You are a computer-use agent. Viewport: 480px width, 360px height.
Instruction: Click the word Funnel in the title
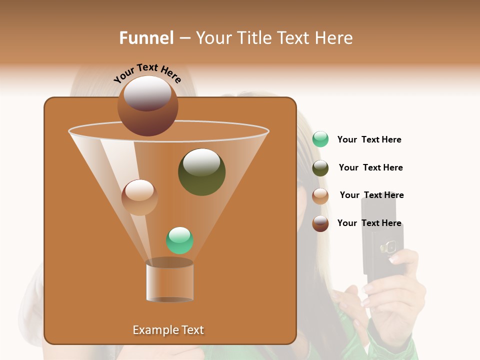click(x=146, y=38)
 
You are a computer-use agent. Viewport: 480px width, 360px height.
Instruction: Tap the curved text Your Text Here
click(x=147, y=73)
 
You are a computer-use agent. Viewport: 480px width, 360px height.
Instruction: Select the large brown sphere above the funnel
click(x=147, y=106)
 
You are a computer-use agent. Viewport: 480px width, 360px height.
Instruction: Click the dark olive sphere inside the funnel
click(x=201, y=172)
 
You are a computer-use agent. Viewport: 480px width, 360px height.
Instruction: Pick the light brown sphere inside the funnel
click(x=139, y=197)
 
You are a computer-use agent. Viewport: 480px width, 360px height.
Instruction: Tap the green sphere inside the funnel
click(x=179, y=240)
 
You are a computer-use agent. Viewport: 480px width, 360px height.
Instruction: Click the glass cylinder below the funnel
click(x=170, y=281)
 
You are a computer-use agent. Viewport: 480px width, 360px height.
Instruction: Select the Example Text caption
click(x=168, y=330)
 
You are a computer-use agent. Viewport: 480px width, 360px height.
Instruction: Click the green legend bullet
click(x=320, y=139)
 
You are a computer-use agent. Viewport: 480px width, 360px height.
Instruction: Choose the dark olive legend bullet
click(x=320, y=168)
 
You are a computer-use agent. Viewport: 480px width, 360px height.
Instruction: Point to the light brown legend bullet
click(x=320, y=196)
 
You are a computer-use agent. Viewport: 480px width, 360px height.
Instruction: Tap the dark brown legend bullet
click(x=320, y=223)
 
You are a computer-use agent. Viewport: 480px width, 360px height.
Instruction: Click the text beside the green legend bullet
click(x=369, y=140)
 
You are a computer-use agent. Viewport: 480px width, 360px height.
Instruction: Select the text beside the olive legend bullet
click(x=370, y=168)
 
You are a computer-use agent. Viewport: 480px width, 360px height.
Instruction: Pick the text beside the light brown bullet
click(x=371, y=195)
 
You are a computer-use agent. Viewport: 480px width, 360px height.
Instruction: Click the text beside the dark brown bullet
click(x=369, y=223)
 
